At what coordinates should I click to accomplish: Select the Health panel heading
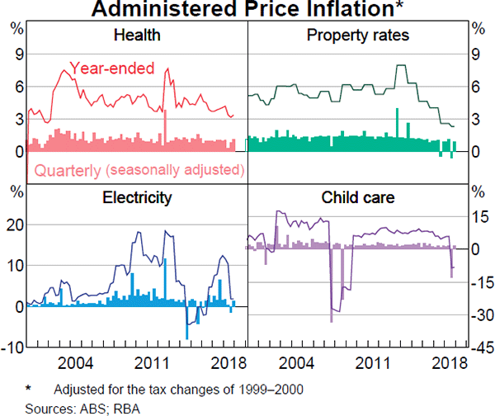(x=137, y=35)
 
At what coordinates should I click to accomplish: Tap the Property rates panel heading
(x=358, y=35)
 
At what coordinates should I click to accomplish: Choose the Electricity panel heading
(x=137, y=197)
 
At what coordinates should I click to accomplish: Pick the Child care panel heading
(x=358, y=197)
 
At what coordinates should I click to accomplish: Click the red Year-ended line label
(x=112, y=69)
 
